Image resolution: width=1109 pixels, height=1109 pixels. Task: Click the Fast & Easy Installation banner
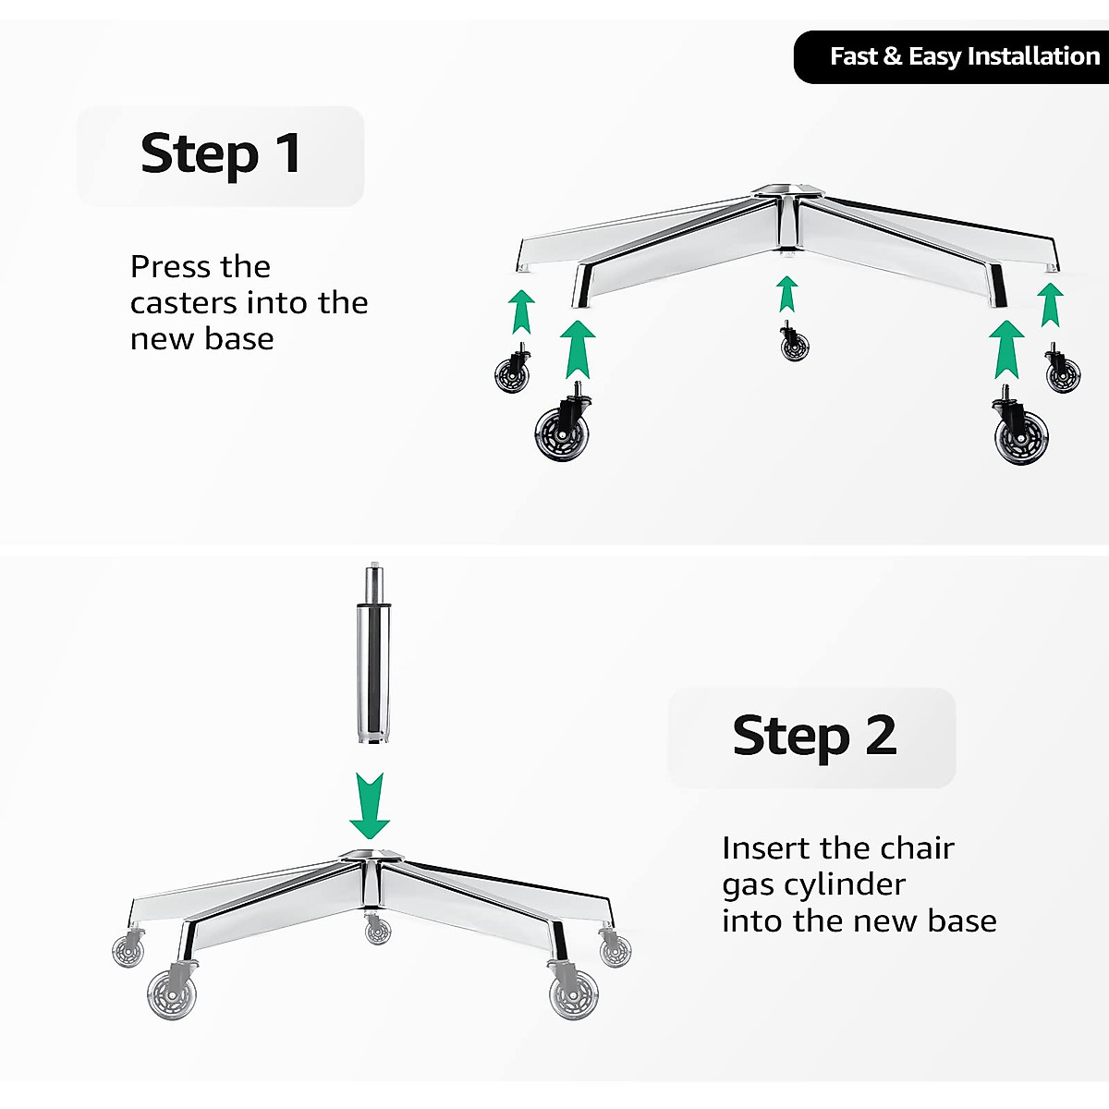point(952,57)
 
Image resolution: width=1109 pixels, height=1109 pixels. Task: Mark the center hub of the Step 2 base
point(371,857)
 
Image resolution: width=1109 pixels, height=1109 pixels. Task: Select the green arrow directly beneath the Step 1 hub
point(787,295)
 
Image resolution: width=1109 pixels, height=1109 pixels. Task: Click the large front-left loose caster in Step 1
point(561,427)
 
